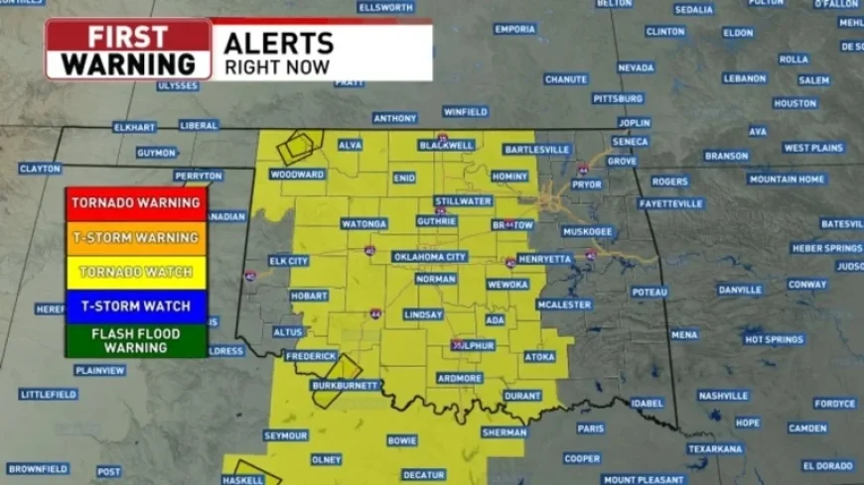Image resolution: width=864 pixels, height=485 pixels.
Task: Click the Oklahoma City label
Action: pyautogui.click(x=429, y=257)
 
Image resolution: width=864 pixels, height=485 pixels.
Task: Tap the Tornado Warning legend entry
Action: pyautogui.click(x=136, y=202)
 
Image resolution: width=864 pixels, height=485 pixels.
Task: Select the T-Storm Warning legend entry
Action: pyautogui.click(x=136, y=238)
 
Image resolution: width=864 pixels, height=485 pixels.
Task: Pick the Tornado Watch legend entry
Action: pyautogui.click(x=136, y=272)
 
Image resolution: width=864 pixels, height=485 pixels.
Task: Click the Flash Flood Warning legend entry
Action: pyautogui.click(x=136, y=340)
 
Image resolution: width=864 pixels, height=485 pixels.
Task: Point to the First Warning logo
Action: pyautogui.click(x=128, y=50)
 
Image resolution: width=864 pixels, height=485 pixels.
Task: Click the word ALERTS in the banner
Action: pyautogui.click(x=278, y=43)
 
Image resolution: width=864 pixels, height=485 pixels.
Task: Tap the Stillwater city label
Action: pyautogui.click(x=464, y=201)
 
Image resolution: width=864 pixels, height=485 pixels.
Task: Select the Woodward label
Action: pyautogui.click(x=297, y=175)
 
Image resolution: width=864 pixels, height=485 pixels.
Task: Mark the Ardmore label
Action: pyautogui.click(x=459, y=378)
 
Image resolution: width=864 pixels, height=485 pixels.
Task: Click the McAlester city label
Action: pyautogui.click(x=564, y=304)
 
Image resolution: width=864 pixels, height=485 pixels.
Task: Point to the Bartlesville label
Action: pyautogui.click(x=537, y=150)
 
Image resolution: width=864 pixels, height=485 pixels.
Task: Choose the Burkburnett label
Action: pyautogui.click(x=345, y=385)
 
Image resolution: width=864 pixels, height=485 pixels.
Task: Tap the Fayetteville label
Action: pyautogui.click(x=671, y=203)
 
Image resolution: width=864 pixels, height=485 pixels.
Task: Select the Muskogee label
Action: pyautogui.click(x=587, y=231)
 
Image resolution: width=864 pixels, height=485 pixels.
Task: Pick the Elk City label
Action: pyautogui.click(x=289, y=261)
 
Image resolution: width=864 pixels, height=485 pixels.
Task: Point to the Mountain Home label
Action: pyautogui.click(x=787, y=180)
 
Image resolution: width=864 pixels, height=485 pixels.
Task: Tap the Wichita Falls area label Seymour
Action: pyautogui.click(x=286, y=435)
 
